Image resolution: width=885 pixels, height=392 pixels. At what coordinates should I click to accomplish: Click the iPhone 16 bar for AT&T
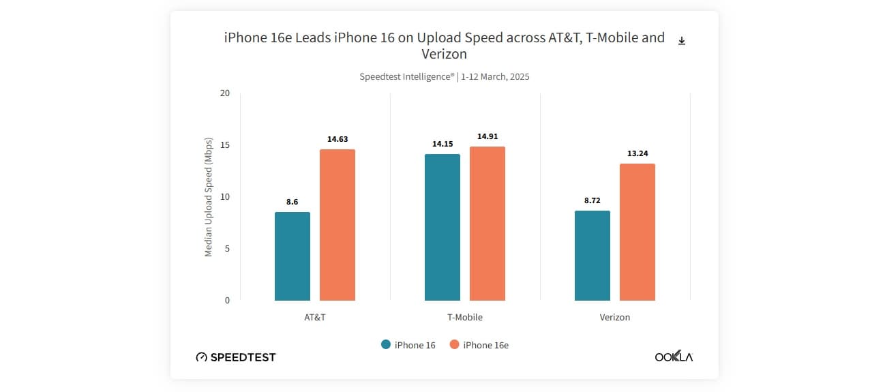(292, 256)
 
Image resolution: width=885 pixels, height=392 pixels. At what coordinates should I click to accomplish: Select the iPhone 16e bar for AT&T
(337, 225)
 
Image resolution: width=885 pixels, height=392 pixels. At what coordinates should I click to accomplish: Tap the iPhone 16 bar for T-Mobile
(442, 227)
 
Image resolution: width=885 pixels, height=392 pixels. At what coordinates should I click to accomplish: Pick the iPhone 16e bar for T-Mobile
(487, 224)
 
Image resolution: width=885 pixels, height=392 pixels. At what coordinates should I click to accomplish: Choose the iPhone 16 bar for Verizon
(592, 256)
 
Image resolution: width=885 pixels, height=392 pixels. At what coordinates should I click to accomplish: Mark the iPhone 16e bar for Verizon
(637, 232)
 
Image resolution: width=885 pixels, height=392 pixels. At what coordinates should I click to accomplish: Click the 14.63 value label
(337, 139)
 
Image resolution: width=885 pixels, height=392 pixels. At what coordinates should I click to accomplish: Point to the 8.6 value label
(292, 202)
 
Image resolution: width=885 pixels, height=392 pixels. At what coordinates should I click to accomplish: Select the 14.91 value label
(487, 136)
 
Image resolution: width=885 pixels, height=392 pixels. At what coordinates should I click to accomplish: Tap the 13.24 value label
(637, 153)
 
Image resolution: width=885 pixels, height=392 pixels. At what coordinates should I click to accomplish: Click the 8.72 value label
(592, 200)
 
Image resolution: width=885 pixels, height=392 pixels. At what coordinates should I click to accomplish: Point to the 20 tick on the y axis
(225, 93)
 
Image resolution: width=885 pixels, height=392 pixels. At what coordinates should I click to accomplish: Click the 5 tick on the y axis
(227, 248)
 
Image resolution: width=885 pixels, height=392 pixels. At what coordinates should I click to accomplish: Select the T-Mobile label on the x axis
(464, 317)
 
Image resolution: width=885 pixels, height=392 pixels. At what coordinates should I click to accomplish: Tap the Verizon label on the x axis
(614, 317)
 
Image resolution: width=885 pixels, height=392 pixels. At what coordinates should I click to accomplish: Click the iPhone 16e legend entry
(479, 345)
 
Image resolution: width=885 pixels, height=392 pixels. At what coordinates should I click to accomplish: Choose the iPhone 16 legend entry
(408, 345)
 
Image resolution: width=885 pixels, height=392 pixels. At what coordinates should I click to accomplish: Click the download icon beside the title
(681, 41)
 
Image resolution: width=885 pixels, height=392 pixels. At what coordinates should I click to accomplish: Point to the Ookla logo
(674, 357)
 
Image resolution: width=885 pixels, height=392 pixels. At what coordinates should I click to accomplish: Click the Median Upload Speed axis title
(209, 197)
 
